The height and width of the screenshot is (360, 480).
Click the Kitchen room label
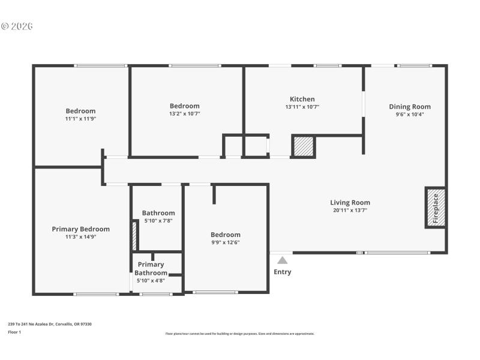(302, 99)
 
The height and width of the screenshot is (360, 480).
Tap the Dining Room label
(409, 107)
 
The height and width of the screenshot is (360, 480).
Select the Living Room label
(350, 203)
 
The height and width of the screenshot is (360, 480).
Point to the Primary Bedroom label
(80, 229)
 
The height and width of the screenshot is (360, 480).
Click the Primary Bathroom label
(151, 268)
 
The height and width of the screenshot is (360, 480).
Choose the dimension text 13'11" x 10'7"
(302, 107)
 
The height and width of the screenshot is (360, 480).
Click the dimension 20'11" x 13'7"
(350, 211)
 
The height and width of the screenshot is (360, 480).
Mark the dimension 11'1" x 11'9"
(80, 119)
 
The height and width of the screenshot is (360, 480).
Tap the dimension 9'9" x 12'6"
(225, 243)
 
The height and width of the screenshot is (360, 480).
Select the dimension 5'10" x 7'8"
(158, 221)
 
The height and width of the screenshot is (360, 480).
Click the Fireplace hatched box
(436, 208)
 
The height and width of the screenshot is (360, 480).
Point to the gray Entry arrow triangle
(282, 260)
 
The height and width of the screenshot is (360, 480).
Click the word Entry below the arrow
(282, 272)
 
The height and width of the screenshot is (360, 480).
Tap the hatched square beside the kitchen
(304, 147)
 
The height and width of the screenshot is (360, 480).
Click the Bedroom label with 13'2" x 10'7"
(184, 106)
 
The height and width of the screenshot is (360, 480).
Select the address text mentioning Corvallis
(50, 324)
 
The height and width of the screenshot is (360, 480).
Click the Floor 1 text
(14, 332)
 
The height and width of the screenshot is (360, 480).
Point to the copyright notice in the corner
(17, 26)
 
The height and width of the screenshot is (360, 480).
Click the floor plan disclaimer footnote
(239, 334)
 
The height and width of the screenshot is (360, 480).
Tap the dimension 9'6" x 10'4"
(409, 115)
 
